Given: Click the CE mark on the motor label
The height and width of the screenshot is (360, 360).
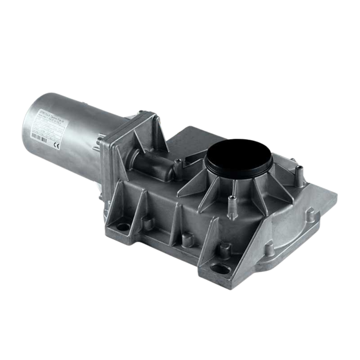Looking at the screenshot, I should pos(56,145).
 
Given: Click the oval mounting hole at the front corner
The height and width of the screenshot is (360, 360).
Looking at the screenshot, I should pos(218,268).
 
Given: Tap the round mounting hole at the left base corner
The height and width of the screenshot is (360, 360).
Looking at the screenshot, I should pos(124,227).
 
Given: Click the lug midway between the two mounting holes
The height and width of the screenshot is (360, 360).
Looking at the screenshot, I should pos(186,238).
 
